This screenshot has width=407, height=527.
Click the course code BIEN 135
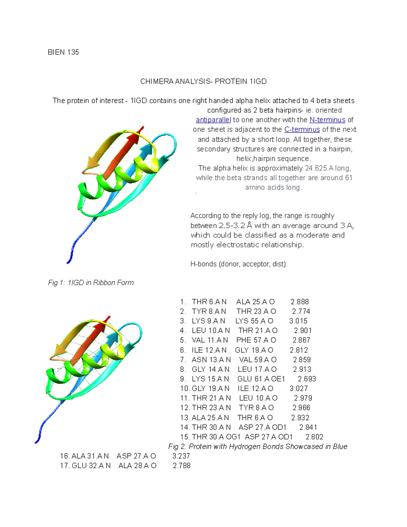point(63,52)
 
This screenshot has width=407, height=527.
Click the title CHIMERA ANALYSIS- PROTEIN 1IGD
point(203,81)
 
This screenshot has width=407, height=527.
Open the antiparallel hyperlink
point(213,120)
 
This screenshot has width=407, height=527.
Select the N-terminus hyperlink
point(327,120)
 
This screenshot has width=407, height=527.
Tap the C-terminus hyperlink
point(302,129)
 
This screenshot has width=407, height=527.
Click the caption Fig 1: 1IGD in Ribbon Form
point(91,283)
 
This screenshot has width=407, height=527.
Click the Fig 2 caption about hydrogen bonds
point(258,447)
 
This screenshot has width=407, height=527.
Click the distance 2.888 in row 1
point(299,302)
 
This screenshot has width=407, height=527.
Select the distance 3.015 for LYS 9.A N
point(298,321)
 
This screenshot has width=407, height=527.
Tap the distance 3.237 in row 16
point(181,456)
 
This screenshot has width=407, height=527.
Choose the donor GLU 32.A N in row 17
point(91,466)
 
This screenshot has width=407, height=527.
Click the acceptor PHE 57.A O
point(256,340)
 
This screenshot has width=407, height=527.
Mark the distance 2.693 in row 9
point(307,379)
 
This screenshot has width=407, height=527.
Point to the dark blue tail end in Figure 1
point(69,261)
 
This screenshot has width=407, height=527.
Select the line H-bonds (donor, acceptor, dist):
point(239,264)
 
